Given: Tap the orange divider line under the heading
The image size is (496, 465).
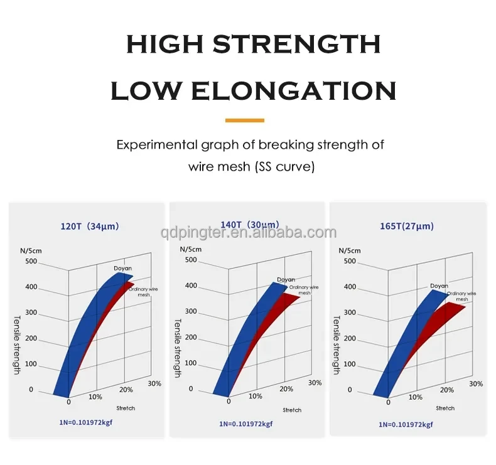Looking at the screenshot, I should coord(244,120).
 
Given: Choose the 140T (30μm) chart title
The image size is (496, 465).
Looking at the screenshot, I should coord(249,225).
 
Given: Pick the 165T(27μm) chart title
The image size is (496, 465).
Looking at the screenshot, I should coord(407,226).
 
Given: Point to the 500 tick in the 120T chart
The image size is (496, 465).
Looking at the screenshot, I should coord(31,262).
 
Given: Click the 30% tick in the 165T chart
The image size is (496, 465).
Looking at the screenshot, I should coord(475,383).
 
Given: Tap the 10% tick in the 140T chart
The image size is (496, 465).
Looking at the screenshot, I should coord(255,396).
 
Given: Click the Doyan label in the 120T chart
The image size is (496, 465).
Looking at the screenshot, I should coord(123,269).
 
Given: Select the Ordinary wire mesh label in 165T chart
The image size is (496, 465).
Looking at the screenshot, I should coord(461,296).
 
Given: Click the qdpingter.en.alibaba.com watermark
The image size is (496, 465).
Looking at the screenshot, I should coord(247,233).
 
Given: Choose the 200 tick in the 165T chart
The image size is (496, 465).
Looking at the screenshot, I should coord(350,338).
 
